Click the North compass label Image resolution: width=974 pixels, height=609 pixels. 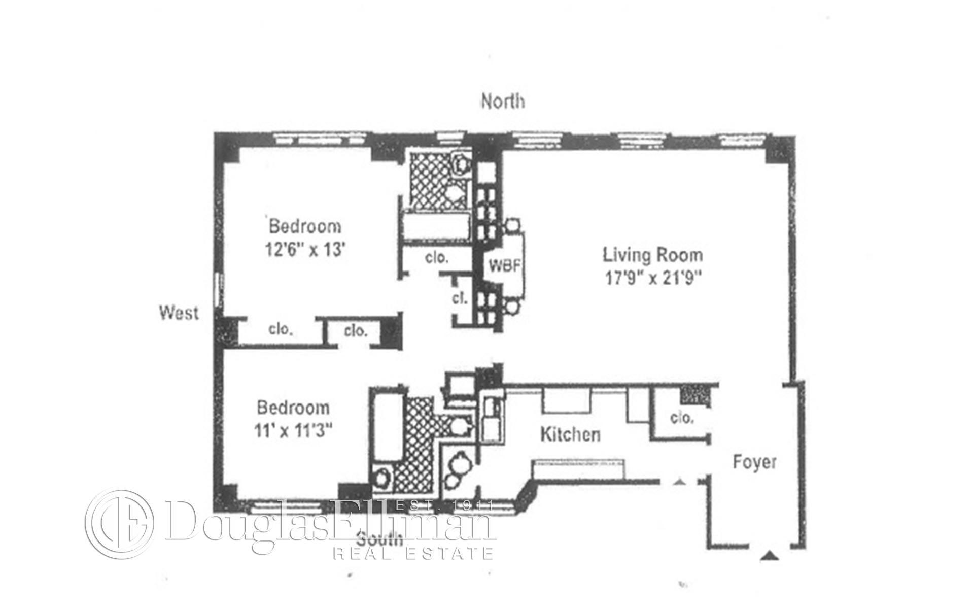(x=503, y=101)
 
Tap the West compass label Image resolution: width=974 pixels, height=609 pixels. (x=179, y=313)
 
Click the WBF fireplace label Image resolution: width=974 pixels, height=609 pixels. (x=505, y=265)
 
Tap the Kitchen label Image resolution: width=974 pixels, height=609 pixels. (x=570, y=434)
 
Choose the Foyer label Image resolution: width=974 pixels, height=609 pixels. (x=755, y=462)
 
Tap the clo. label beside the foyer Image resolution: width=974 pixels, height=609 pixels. (x=681, y=418)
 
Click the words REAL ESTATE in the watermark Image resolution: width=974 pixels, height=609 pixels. (x=413, y=552)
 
